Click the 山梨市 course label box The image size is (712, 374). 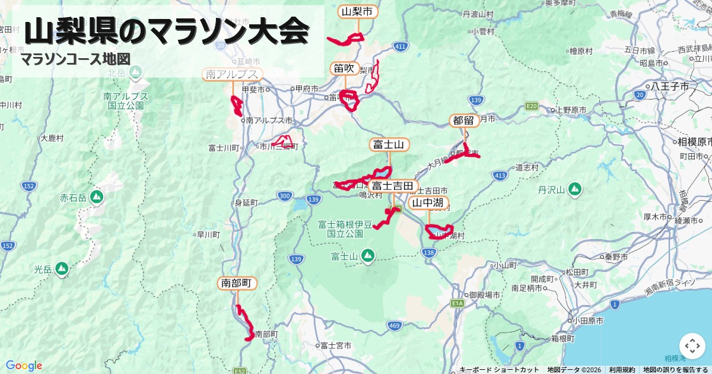[358, 11]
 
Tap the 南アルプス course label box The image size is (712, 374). [233, 74]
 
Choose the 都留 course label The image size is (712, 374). [464, 121]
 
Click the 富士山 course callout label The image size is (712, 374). [389, 144]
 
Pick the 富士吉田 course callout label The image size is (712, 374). [393, 186]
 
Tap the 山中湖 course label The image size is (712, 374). [428, 203]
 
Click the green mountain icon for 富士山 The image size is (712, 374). [368, 256]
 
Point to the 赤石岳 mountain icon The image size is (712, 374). [97, 197]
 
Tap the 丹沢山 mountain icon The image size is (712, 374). [574, 190]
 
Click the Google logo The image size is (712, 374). [24, 365]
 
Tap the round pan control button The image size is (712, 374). [692, 346]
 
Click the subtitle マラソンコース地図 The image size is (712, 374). [75, 59]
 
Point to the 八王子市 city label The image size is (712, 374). [670, 86]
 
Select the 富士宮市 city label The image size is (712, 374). [335, 345]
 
